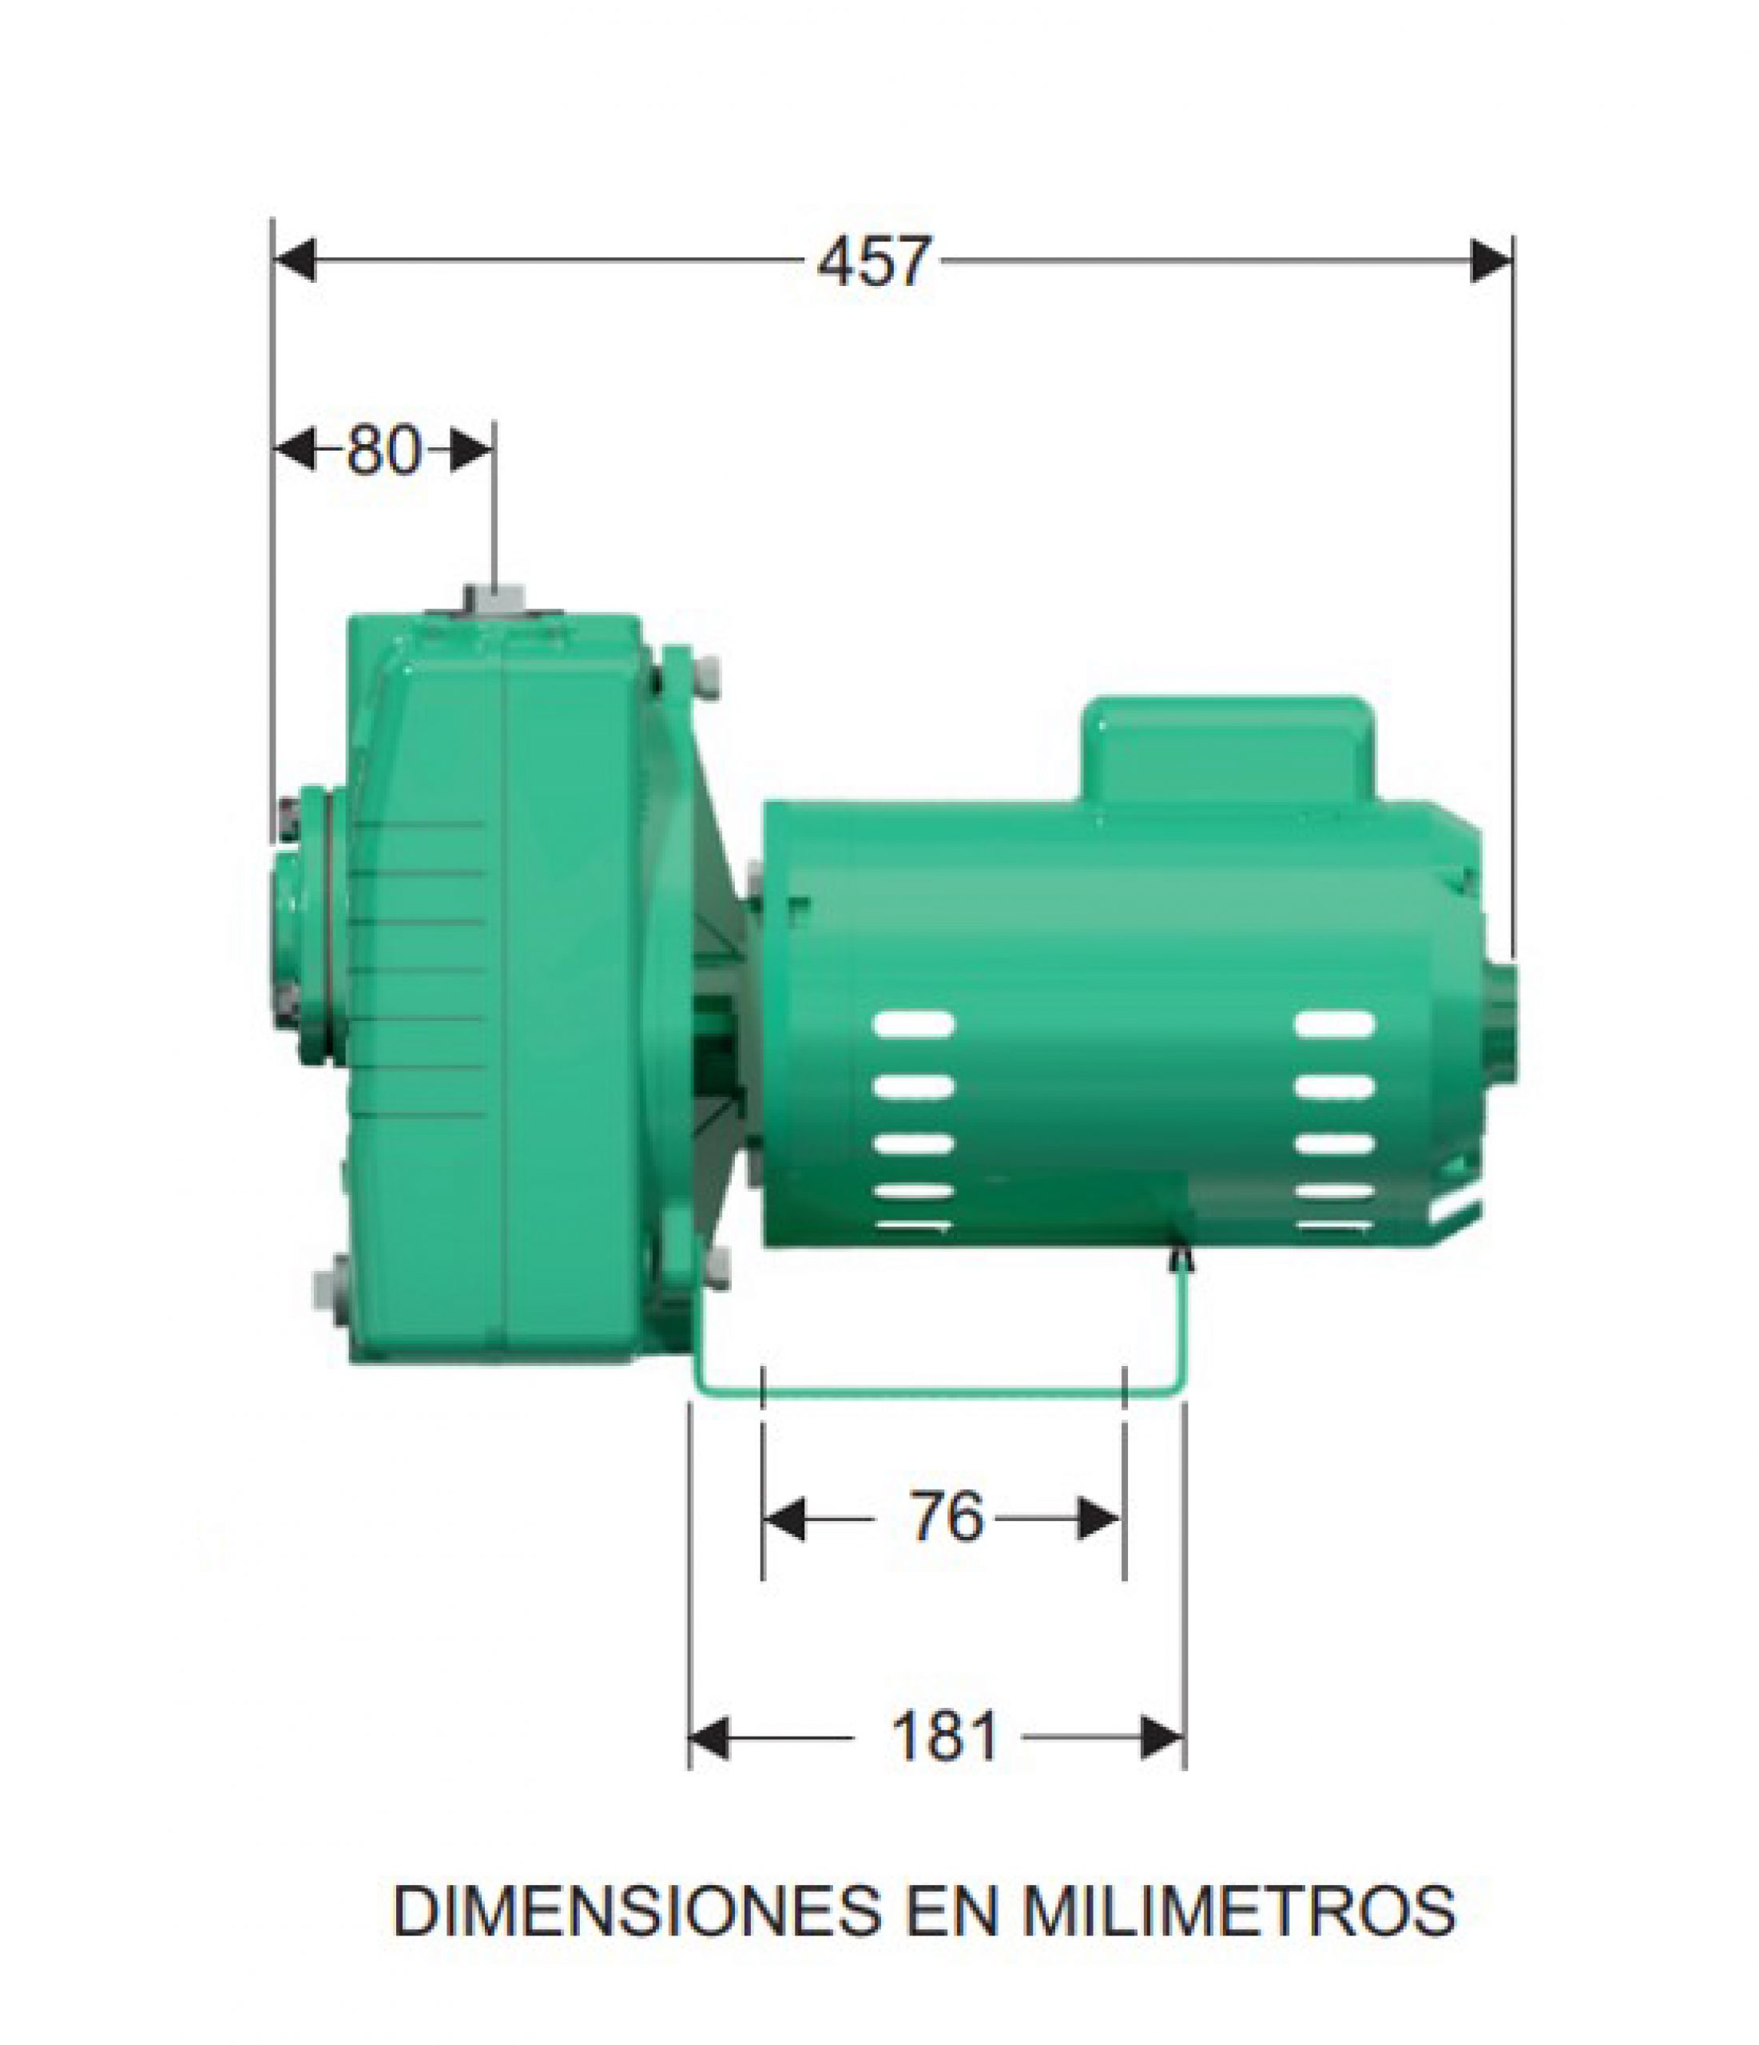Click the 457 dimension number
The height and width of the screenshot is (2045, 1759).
(874, 261)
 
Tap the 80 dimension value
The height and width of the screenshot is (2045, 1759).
(384, 451)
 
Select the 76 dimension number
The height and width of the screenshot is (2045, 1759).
(947, 1517)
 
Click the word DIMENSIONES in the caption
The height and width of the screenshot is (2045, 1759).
(637, 1911)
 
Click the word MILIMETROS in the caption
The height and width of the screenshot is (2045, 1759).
(1238, 1911)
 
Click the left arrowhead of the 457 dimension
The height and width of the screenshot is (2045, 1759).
(294, 260)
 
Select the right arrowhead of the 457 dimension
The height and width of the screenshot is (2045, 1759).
(1491, 260)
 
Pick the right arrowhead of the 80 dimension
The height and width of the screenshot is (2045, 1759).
(471, 451)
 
